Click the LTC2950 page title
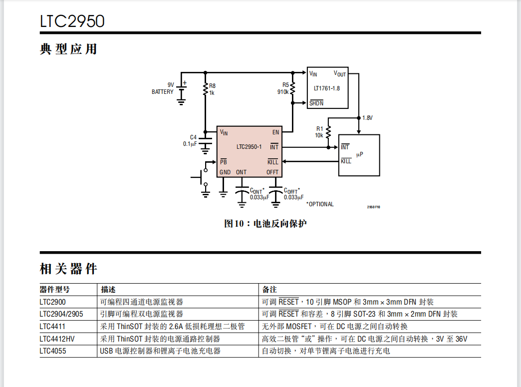pos(72,21)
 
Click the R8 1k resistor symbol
pos(205,89)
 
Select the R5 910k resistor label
pos(283,88)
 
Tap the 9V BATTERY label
pos(163,88)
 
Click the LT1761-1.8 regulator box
pos(327,88)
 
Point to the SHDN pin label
pos(316,103)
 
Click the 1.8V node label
pos(367,118)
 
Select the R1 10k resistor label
pos(319,132)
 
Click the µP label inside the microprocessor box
pos(359,155)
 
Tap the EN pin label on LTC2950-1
pos(275,132)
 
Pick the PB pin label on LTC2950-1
pos(223,162)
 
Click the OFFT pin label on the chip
pos(272,172)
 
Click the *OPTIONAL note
pos(320,204)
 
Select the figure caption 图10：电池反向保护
pos(265,223)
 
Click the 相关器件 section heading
pos(68,269)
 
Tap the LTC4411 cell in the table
pos(52,327)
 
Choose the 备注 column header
pos(269,290)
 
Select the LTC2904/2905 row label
pos(61,314)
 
